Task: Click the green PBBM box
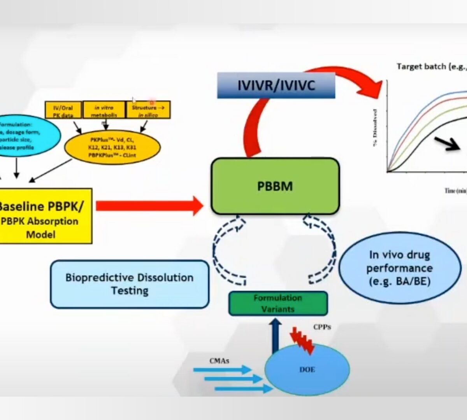point(275,186)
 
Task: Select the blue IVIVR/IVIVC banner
point(276,85)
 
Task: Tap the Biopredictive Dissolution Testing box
point(130,284)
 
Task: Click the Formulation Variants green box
point(278,303)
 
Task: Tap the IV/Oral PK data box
point(63,110)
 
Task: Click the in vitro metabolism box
point(104,110)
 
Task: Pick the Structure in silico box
point(148,110)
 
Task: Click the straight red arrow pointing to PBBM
point(150,206)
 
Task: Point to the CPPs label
point(322,327)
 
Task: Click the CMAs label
point(219,361)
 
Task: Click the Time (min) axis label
point(455,191)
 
